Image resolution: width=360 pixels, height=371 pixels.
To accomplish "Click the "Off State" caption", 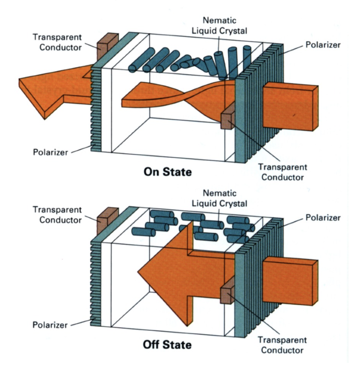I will (167, 344).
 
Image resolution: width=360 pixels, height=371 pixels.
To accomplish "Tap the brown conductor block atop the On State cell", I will (103, 45).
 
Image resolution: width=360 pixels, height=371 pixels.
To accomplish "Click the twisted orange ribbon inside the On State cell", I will (180, 96).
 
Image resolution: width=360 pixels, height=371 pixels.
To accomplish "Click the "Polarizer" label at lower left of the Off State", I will (50, 325).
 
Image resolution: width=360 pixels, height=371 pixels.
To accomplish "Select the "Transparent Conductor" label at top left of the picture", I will (57, 42).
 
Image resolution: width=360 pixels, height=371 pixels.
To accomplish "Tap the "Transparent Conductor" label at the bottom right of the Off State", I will (282, 345).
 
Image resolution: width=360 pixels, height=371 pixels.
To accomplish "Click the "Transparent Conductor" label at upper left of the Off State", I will (57, 215).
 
